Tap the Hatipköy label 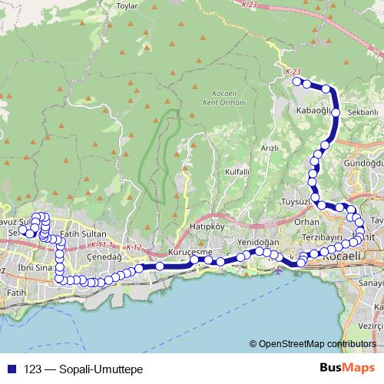coord(206,228)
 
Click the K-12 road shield coord(135,247)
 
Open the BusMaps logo coord(348,369)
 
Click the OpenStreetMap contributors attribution coord(316,344)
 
